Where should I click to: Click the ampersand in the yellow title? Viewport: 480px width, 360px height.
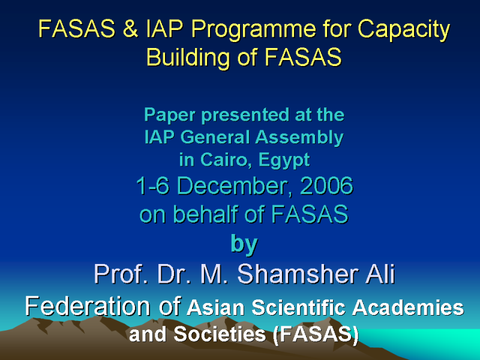tap(131, 28)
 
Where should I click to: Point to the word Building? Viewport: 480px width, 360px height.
tap(188, 57)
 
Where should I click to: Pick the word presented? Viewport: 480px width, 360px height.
tap(245, 116)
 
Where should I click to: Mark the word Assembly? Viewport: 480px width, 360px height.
tap(299, 139)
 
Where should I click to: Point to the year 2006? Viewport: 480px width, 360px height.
tap(326, 186)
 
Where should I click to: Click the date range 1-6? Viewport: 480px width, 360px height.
tap(152, 186)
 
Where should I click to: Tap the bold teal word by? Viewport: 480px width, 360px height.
tap(244, 245)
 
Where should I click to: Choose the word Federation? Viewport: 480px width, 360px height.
tap(88, 306)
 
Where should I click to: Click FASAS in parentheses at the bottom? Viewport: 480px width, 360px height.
tap(316, 334)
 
